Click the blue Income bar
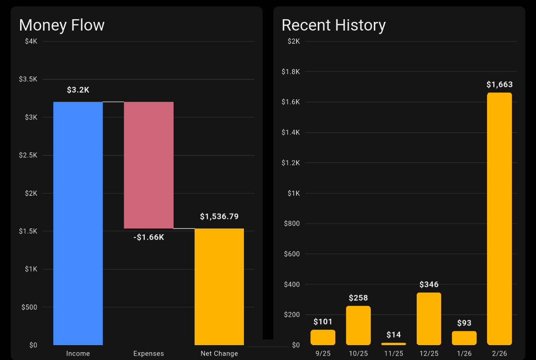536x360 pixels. click(x=78, y=223)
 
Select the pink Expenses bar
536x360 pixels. click(x=149, y=165)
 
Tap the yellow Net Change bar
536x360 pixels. click(x=219, y=287)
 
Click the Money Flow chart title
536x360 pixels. click(x=62, y=25)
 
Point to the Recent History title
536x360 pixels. click(x=334, y=25)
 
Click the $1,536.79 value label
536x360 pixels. click(x=219, y=217)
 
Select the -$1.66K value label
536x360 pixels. click(x=149, y=238)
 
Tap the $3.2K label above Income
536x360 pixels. click(x=78, y=90)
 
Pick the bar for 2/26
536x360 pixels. click(x=499, y=218)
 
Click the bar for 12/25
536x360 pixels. click(x=428, y=318)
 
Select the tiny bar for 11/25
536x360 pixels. click(x=393, y=344)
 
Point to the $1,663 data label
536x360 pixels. click(x=499, y=84)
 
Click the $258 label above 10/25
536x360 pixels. click(x=358, y=298)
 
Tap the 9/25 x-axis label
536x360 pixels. click(x=323, y=353)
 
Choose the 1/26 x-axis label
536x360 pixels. click(x=464, y=353)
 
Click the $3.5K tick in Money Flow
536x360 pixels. click(x=28, y=79)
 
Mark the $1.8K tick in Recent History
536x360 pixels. click(x=291, y=72)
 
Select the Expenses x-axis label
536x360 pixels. click(x=149, y=353)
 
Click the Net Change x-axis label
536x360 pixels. click(x=219, y=353)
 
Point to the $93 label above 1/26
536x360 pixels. click(x=464, y=323)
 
